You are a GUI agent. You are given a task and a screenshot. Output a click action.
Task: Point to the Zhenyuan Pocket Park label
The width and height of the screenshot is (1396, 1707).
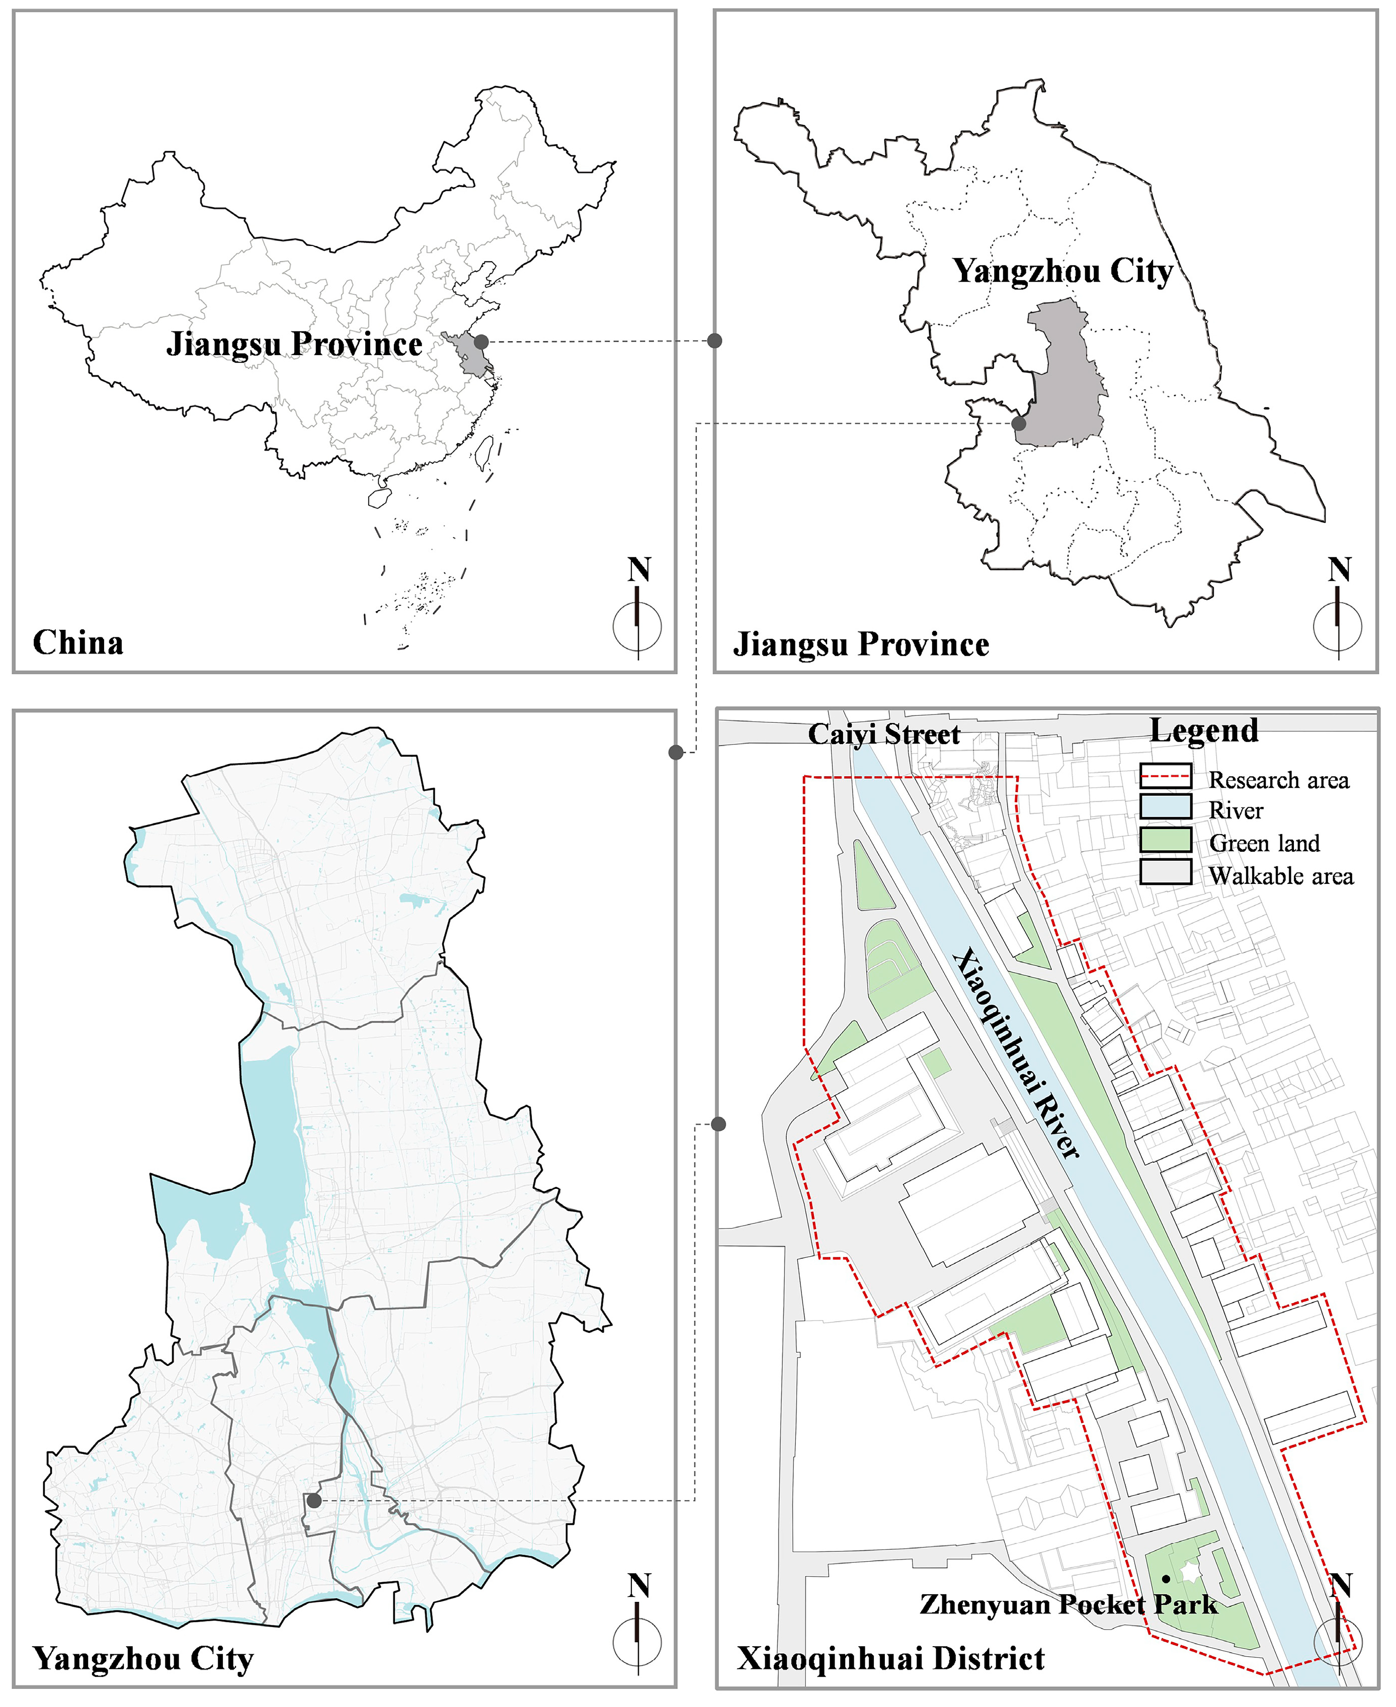click(x=1068, y=1604)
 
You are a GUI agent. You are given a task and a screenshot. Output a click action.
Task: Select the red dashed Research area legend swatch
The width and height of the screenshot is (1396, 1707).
click(x=1165, y=776)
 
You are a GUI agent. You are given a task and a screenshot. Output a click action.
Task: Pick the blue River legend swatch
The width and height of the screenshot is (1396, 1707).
click(x=1165, y=807)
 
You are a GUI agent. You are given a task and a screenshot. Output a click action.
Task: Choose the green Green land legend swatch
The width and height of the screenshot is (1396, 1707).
click(x=1165, y=840)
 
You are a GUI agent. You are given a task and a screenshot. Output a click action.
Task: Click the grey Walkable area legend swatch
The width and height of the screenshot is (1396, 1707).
click(x=1165, y=872)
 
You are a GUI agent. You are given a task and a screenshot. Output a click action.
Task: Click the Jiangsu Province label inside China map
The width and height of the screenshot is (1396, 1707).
click(x=294, y=344)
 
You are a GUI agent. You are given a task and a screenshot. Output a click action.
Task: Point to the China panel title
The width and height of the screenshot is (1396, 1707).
click(x=78, y=642)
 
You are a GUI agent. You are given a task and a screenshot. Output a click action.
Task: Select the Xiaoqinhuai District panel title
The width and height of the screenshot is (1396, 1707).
click(x=890, y=1658)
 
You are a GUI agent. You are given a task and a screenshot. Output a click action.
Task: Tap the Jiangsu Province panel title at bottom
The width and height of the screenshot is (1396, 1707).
click(x=860, y=644)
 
